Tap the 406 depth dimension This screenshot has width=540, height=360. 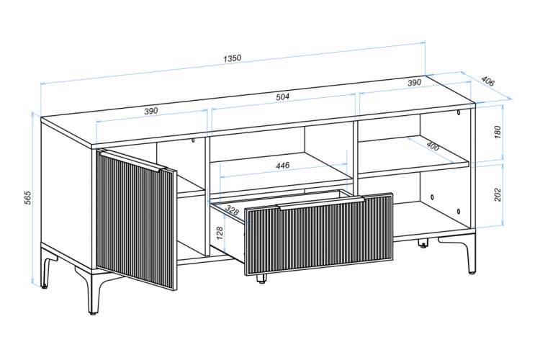coord(487,81)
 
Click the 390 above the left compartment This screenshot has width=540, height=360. coord(150,111)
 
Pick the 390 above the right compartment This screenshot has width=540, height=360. coord(414,83)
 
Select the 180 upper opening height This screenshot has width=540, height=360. coord(498,133)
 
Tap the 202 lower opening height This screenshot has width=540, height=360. coord(498,194)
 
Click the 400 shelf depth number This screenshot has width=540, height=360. coord(433,146)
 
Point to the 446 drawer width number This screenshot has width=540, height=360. coord(283,166)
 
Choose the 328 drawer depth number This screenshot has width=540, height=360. coord(232,210)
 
